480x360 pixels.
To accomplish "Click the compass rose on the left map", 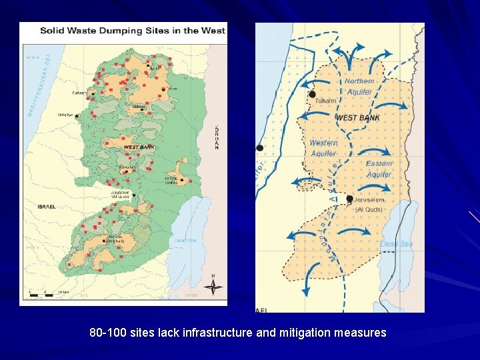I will click(213, 286).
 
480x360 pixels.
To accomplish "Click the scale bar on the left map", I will click(47, 291).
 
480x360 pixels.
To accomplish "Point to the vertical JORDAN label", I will click(217, 137).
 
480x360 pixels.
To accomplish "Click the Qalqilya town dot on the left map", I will click(77, 116).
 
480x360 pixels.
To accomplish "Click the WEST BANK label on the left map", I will click(139, 147).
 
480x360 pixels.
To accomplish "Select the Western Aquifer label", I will click(323, 148).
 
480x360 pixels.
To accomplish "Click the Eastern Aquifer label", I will click(379, 169).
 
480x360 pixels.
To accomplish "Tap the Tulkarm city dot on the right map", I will click(312, 95).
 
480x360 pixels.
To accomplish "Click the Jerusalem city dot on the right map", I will click(349, 199).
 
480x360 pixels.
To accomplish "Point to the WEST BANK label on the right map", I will click(358, 118).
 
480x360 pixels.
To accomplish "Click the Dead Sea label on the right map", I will click(396, 244).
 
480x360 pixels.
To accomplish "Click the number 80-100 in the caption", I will click(107, 332).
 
